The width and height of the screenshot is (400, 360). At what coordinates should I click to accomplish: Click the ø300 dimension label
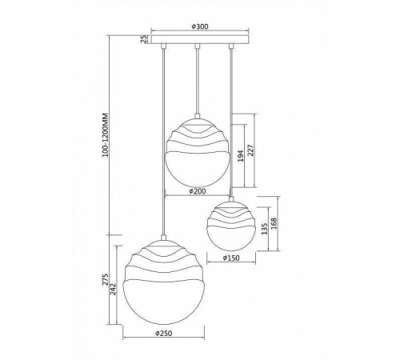pos(200,26)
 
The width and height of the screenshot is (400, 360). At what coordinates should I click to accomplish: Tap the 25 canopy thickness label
pos(143,39)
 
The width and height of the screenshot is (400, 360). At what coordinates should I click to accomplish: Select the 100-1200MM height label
pos(106,135)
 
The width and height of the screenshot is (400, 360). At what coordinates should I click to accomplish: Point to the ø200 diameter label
pos(198,191)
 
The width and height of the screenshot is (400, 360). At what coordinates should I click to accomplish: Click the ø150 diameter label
pos(231,258)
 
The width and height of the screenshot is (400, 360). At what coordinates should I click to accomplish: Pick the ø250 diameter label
pos(163,333)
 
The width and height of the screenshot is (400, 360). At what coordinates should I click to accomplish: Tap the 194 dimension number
pos(241,156)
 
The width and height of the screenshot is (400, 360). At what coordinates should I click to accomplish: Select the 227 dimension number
pos(251,150)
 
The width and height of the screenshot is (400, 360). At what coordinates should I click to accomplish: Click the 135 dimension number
pos(264,229)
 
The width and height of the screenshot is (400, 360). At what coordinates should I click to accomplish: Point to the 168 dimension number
pos(274,223)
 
